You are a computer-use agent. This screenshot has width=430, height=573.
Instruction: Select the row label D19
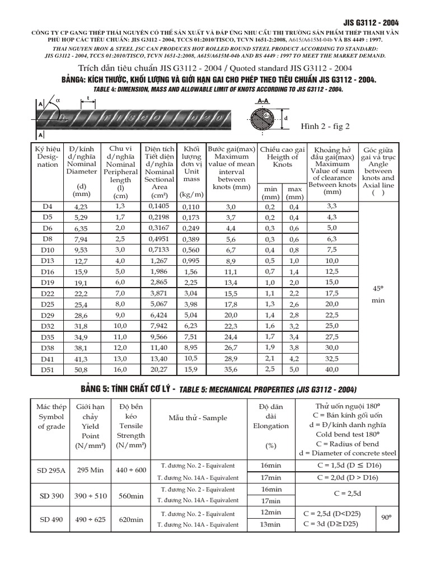[x=47, y=283]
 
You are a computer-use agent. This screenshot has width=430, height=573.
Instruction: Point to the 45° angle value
[x=378, y=289]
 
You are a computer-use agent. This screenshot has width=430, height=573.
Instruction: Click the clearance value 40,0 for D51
[x=332, y=370]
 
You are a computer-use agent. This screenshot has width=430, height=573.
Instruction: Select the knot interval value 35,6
[x=231, y=370]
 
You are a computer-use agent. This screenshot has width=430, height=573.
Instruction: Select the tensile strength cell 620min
[x=132, y=519]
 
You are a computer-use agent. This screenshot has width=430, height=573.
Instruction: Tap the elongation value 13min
[x=271, y=524]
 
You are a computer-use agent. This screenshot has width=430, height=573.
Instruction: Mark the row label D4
[x=47, y=206]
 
